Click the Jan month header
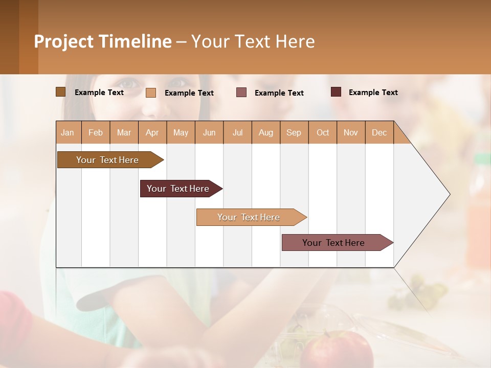pyautogui.click(x=68, y=133)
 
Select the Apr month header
pyautogui.click(x=152, y=133)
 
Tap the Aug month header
pyautogui.click(x=266, y=133)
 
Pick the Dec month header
pyautogui.click(x=379, y=133)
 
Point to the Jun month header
pyautogui.click(x=209, y=133)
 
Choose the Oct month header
pyautogui.click(x=323, y=133)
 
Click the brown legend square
pyautogui.click(x=60, y=92)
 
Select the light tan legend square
pyautogui.click(x=151, y=93)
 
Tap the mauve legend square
pyautogui.click(x=241, y=93)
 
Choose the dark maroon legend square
pyautogui.click(x=336, y=92)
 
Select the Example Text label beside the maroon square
pyautogui.click(x=373, y=93)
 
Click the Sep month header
pyautogui.click(x=294, y=133)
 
